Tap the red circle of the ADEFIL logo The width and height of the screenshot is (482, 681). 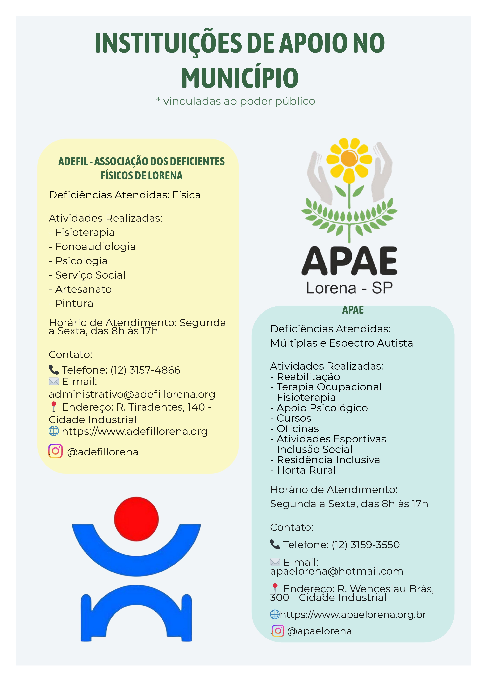(136, 519)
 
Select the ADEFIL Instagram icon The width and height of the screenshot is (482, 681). (56, 451)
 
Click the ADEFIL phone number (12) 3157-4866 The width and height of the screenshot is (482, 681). (145, 370)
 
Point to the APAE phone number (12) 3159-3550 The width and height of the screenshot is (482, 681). (366, 545)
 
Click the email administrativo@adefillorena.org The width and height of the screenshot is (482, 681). (132, 394)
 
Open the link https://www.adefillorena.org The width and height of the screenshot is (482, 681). (134, 431)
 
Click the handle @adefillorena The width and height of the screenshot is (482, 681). (103, 452)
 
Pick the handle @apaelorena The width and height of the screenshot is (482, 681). (319, 631)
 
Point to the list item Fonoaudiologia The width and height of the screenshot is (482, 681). (95, 247)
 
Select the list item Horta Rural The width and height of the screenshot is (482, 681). (306, 470)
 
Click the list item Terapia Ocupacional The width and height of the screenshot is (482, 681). (329, 387)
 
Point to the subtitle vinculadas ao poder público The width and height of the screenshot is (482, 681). (239, 101)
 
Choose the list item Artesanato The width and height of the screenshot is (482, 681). (83, 289)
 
